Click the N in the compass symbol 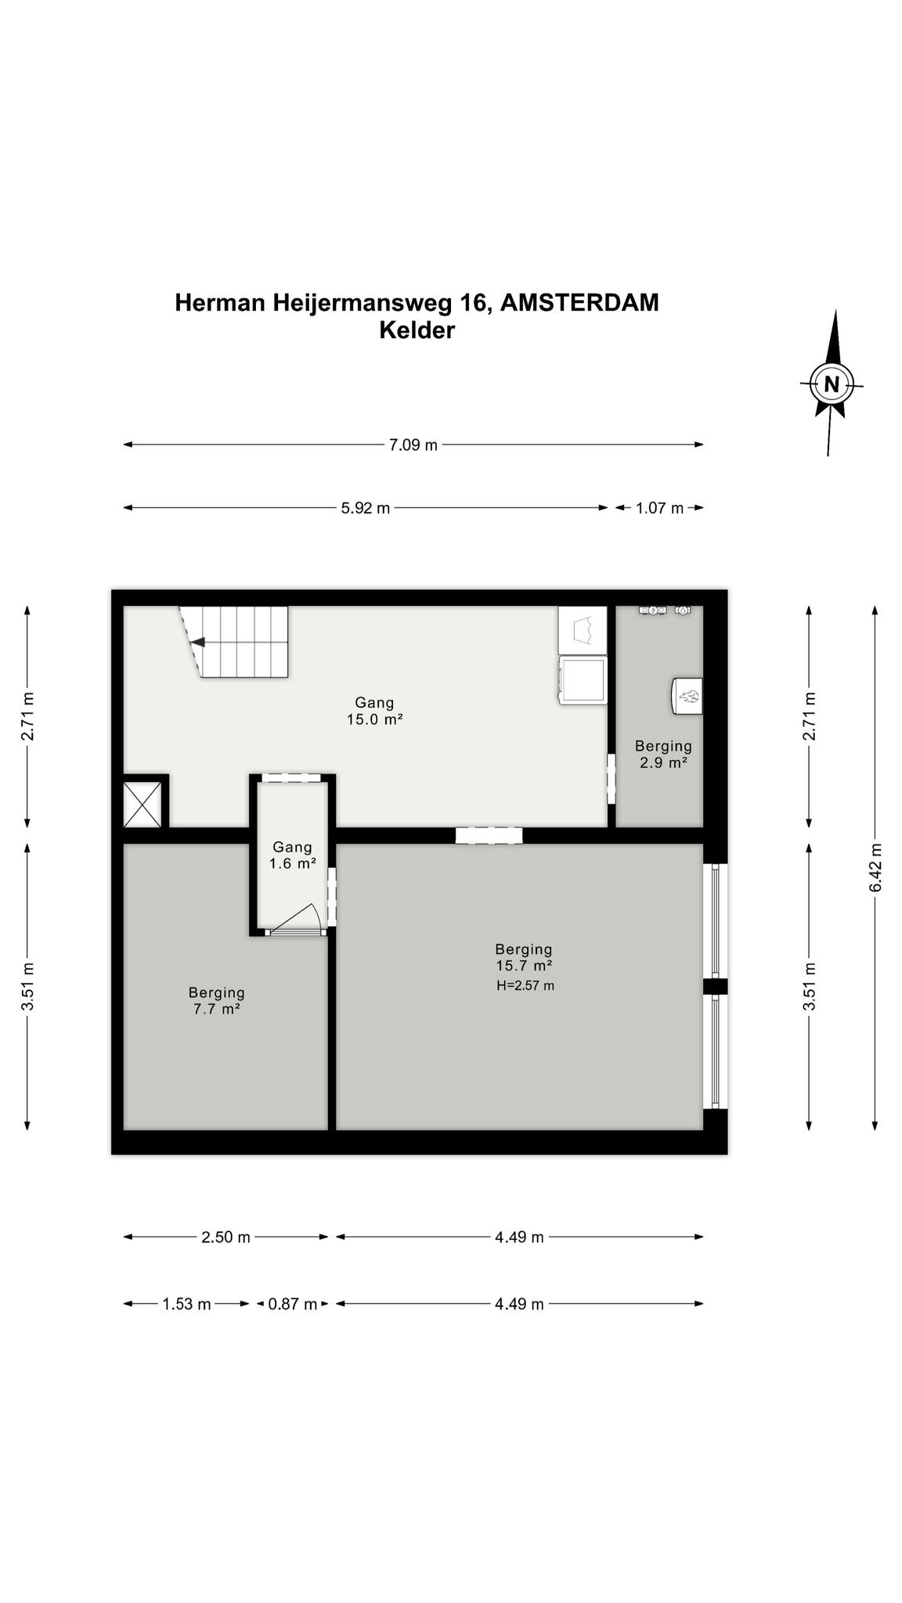click(x=832, y=384)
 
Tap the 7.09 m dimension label click(x=413, y=445)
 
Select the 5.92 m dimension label click(x=365, y=508)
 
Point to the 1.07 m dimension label click(x=659, y=508)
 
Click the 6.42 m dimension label click(x=875, y=866)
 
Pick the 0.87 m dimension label click(x=293, y=1304)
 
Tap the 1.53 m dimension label click(x=186, y=1304)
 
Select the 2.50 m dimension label click(x=225, y=1237)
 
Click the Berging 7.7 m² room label click(x=217, y=1001)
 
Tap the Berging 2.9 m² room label click(x=663, y=754)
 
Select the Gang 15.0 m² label click(x=374, y=711)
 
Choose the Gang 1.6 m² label click(x=293, y=855)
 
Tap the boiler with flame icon click(x=687, y=696)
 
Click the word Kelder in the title click(x=417, y=330)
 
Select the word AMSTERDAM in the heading click(x=579, y=303)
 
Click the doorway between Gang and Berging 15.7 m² click(x=489, y=835)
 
